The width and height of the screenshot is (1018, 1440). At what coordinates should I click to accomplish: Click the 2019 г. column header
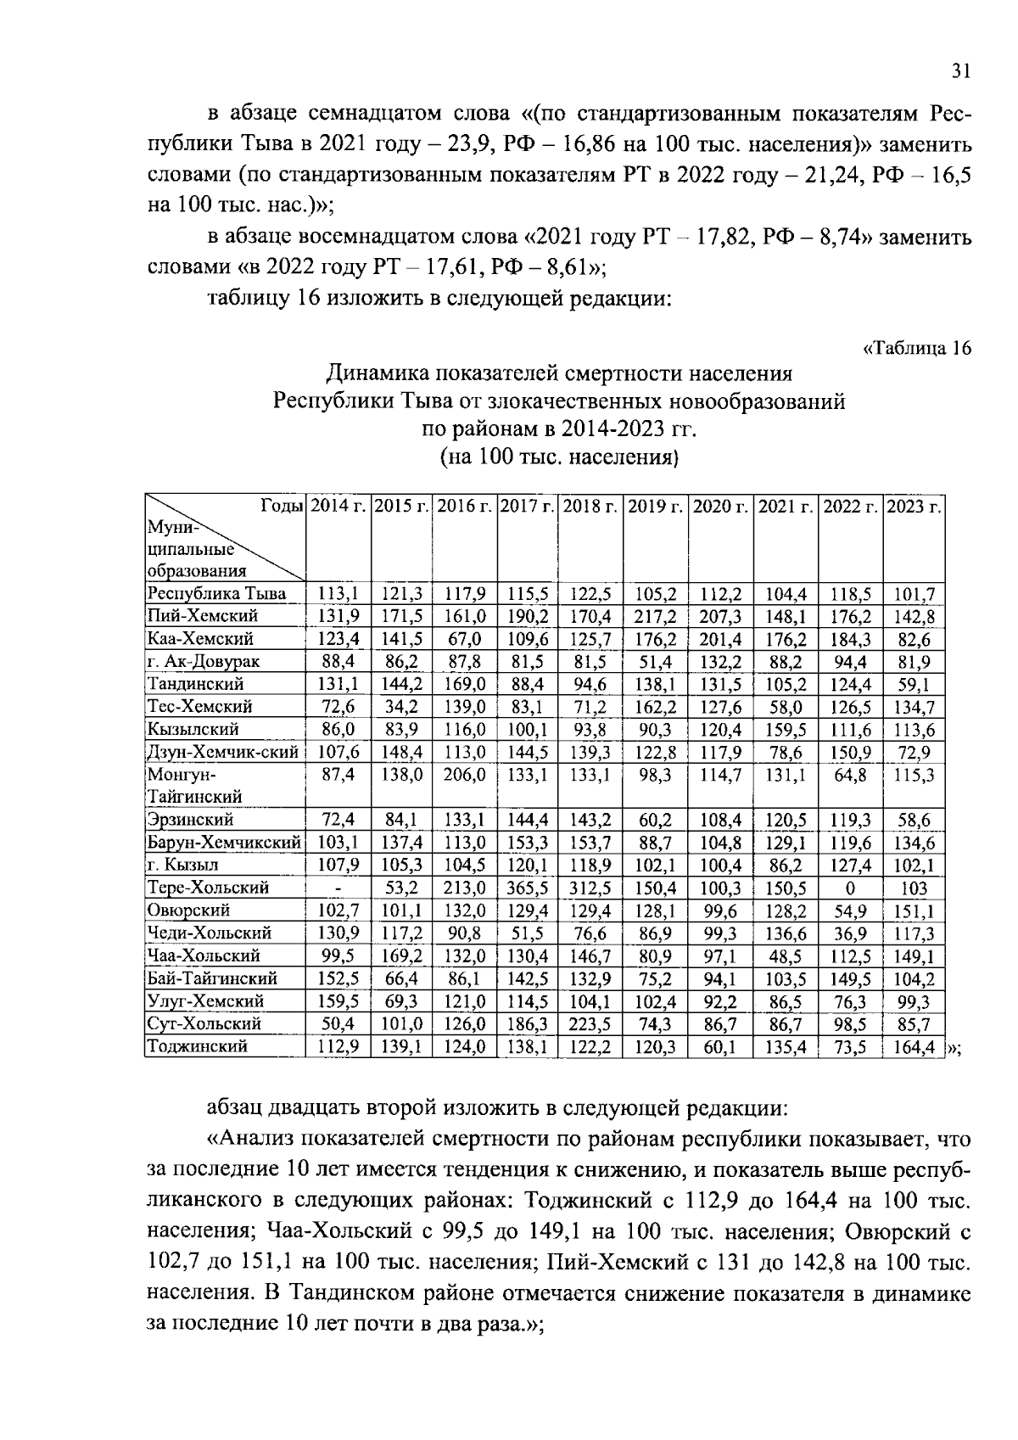pos(655,507)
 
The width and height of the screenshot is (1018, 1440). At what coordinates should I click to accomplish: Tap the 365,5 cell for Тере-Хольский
pos(528,888)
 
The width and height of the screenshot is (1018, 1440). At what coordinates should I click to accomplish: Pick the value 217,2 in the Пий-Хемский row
pos(655,616)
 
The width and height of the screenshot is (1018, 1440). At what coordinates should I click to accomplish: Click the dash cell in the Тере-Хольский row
pos(338,888)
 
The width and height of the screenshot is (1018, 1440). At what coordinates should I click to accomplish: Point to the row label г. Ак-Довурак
pos(203,661)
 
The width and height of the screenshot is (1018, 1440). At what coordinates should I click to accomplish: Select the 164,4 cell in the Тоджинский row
pos(914,1046)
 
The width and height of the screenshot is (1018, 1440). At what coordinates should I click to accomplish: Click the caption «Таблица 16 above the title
pos(915,348)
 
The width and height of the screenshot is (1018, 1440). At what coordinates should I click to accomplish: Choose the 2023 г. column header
pos(914,507)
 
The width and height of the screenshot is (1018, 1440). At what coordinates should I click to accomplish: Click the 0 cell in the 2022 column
pos(850,888)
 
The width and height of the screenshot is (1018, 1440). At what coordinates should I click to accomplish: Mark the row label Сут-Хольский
pos(204,1023)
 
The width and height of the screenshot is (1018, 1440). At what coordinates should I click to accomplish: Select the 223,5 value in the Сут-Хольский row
pos(590,1023)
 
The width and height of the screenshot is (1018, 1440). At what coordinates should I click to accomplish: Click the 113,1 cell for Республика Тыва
pos(338,594)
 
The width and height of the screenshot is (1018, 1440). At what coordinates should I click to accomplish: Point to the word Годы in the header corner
pos(282,507)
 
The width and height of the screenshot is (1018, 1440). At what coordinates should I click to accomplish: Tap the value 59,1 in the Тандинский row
pos(914,684)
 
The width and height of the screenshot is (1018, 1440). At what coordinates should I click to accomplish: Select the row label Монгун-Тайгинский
pos(195,786)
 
